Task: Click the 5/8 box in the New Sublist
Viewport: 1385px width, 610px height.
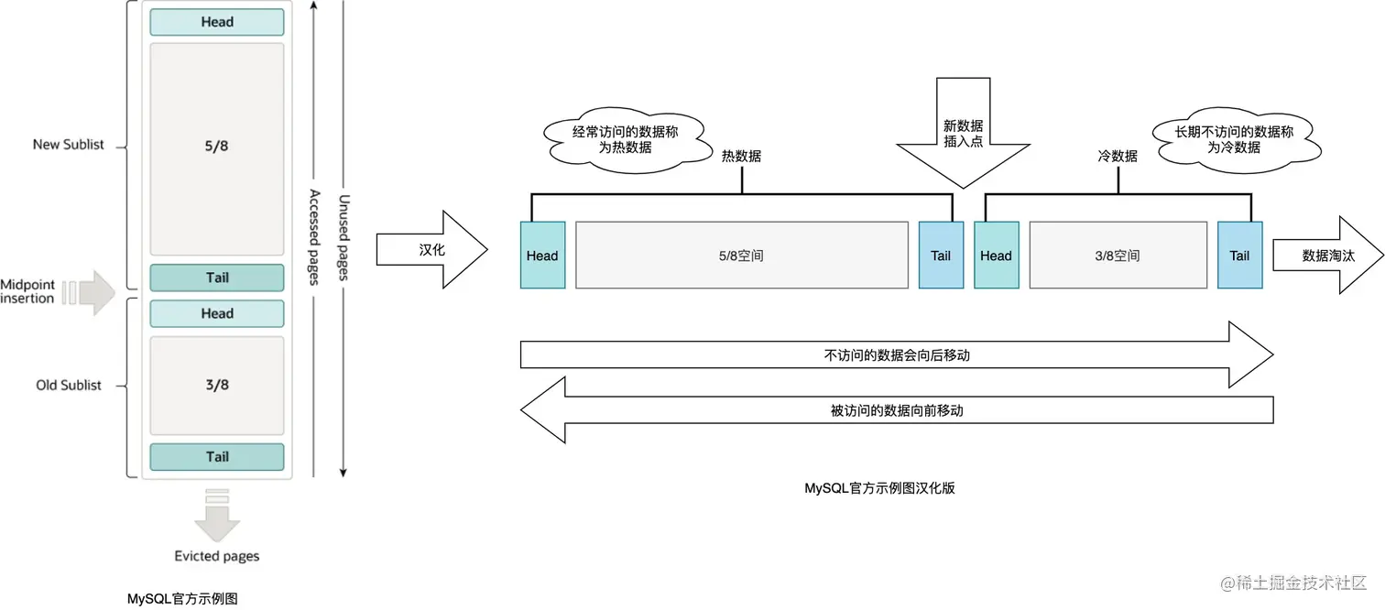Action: pyautogui.click(x=217, y=148)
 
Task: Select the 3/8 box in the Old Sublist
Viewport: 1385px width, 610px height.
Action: pyautogui.click(x=217, y=385)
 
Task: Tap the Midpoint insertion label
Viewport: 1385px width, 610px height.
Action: pyautogui.click(x=27, y=292)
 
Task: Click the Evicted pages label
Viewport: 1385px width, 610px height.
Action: pyautogui.click(x=217, y=556)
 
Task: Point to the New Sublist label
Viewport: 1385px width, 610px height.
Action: pyautogui.click(x=69, y=144)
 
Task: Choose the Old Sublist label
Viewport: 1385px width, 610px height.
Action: pyautogui.click(x=69, y=385)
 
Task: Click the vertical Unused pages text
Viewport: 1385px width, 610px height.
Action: pyautogui.click(x=344, y=239)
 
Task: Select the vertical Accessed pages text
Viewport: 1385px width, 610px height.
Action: pyautogui.click(x=314, y=237)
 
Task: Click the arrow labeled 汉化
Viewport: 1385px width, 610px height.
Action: pyautogui.click(x=431, y=249)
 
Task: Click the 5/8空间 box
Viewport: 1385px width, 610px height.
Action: pyautogui.click(x=741, y=256)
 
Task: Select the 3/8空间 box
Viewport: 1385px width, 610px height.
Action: pyautogui.click(x=1118, y=256)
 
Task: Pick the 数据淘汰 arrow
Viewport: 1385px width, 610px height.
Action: pyautogui.click(x=1326, y=256)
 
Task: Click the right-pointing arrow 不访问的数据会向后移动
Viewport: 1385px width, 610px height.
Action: pyautogui.click(x=896, y=354)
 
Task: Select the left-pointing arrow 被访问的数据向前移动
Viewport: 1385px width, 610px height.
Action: pyautogui.click(x=896, y=410)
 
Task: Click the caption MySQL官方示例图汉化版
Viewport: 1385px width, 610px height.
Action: pyautogui.click(x=879, y=488)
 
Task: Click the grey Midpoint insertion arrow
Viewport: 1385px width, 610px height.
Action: pyautogui.click(x=93, y=293)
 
